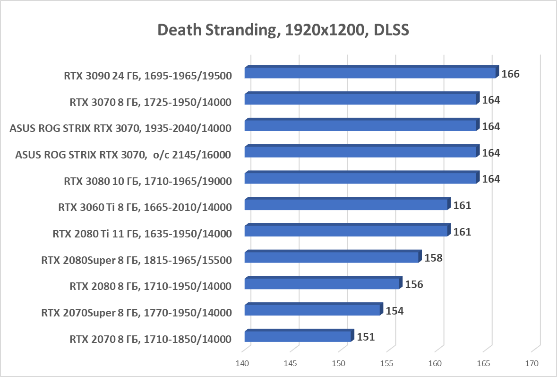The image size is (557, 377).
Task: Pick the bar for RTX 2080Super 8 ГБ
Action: [332, 257]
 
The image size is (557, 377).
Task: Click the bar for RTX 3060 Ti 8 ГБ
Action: [346, 204]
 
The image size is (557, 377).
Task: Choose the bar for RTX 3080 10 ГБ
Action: [360, 178]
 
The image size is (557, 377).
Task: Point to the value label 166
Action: [510, 74]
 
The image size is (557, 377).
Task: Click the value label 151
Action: [366, 337]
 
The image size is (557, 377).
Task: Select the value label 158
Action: [433, 258]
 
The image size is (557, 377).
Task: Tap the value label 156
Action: [414, 285]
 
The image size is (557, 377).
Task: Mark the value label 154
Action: [394, 311]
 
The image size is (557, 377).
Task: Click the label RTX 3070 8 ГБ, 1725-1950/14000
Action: [150, 102]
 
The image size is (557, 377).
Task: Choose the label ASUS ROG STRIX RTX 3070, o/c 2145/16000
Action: [123, 155]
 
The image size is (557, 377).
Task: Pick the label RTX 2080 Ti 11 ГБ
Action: [141, 234]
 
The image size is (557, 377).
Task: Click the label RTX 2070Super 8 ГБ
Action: [136, 312]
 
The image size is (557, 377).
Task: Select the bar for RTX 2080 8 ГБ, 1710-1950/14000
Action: [322, 284]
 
